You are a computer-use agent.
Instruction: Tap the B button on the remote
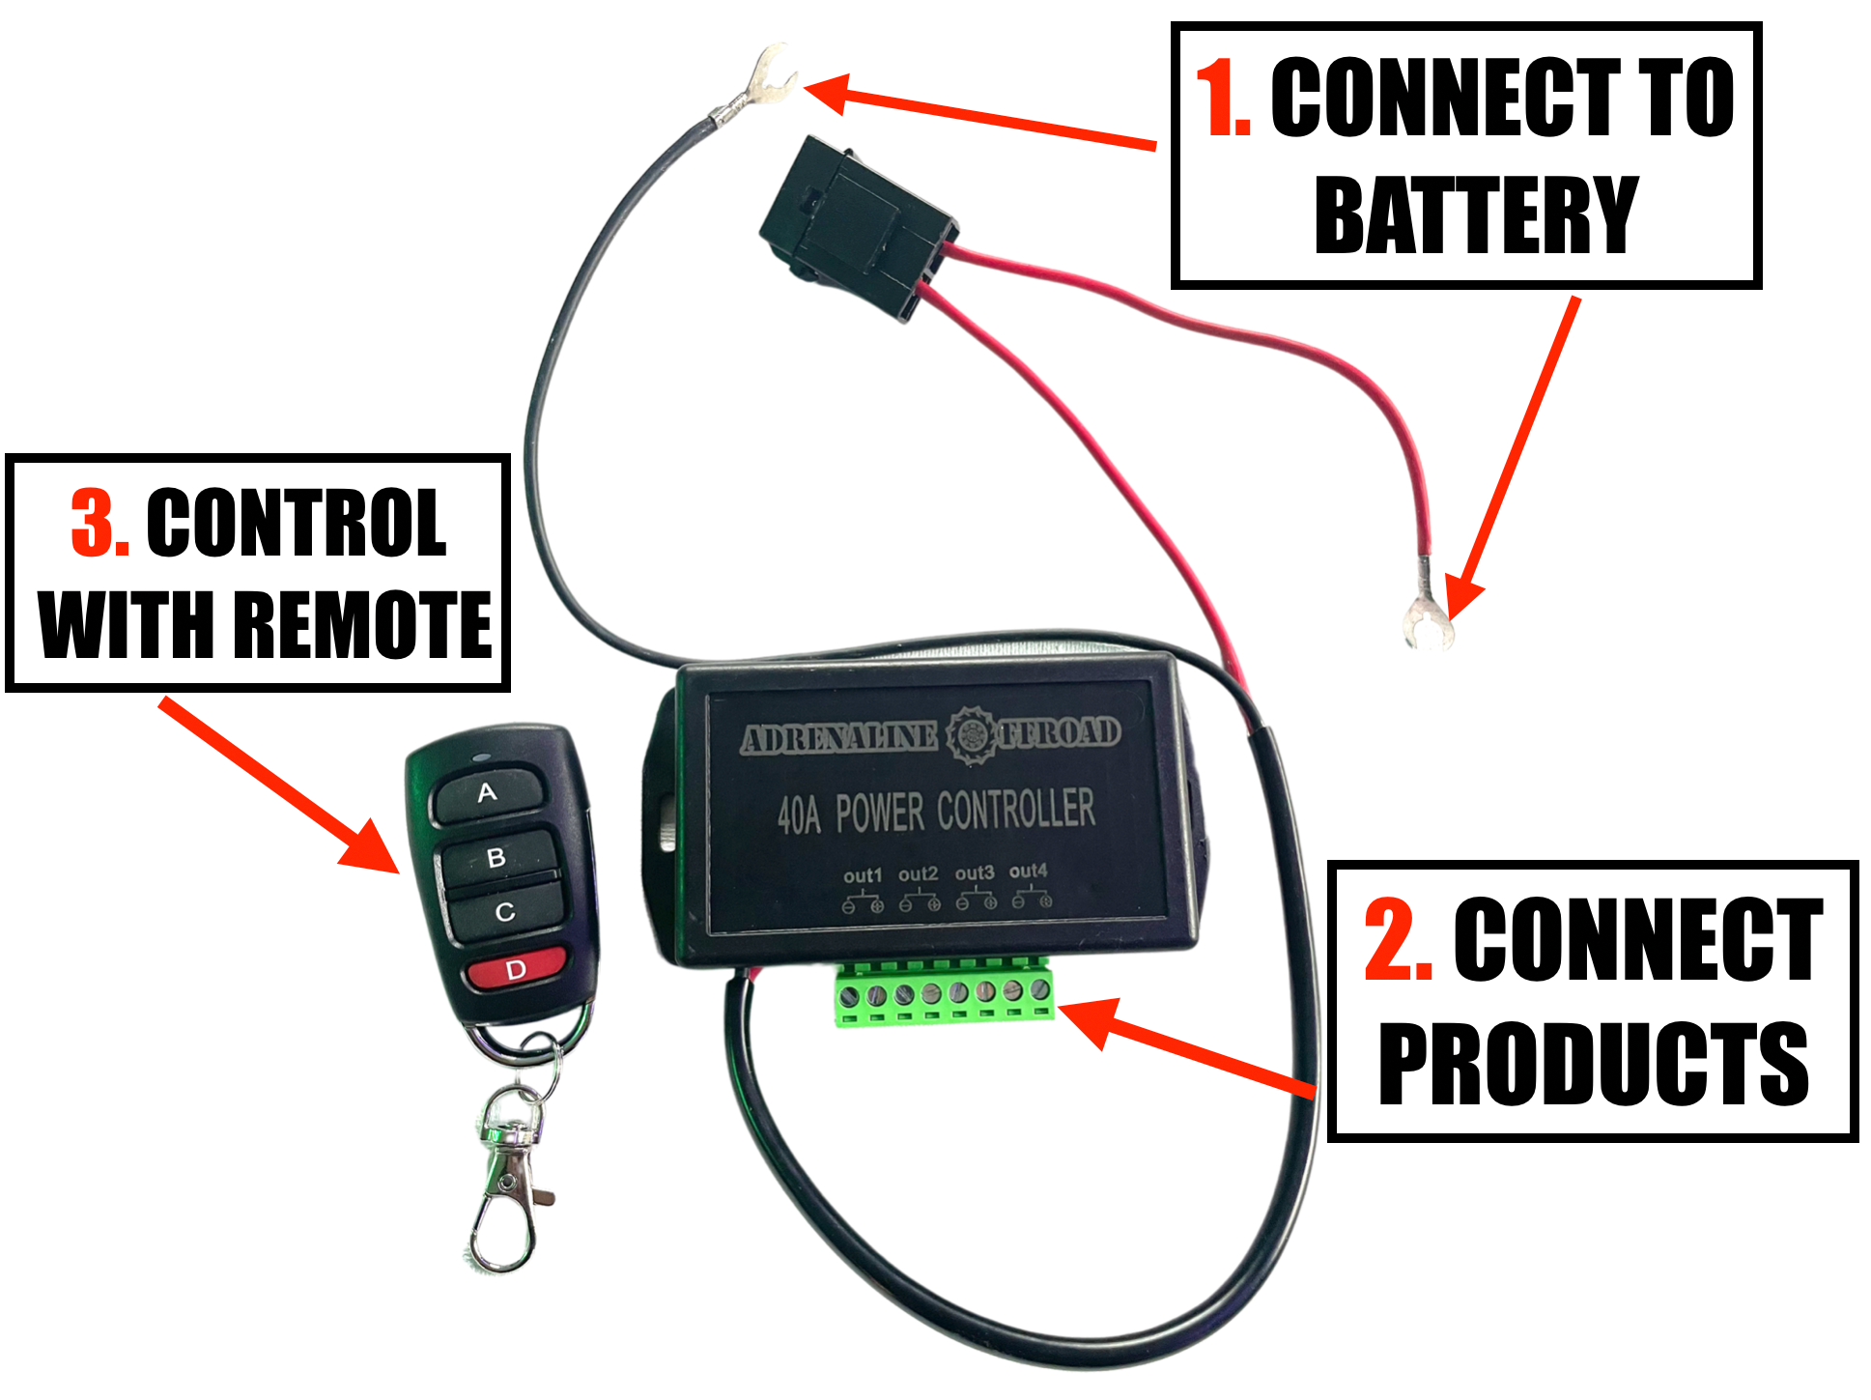496,857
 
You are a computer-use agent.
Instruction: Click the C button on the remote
504,912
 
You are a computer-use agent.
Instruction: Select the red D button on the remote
516,969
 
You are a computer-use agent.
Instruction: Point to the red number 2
1397,939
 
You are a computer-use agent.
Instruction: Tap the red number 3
99,523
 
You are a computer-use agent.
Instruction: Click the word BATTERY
1476,214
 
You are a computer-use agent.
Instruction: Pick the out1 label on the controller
863,875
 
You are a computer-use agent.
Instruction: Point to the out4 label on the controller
1028,871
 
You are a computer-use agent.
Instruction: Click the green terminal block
944,993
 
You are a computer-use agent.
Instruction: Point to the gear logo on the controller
969,735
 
